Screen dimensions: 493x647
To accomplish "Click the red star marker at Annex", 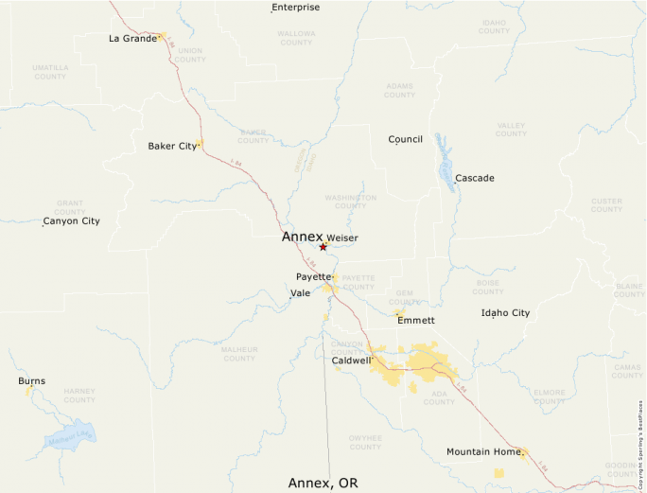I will pyautogui.click(x=323, y=247).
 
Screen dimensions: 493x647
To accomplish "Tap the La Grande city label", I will pyautogui.click(x=132, y=39).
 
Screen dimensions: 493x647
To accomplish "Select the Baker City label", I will pyautogui.click(x=172, y=146).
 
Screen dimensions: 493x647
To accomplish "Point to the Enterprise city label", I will pyautogui.click(x=296, y=8).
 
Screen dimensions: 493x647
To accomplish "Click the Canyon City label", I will pyautogui.click(x=71, y=221).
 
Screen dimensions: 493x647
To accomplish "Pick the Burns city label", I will pyautogui.click(x=31, y=381).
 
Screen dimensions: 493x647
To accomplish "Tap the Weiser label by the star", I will pyautogui.click(x=342, y=238).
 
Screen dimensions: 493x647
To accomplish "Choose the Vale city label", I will pyautogui.click(x=301, y=293).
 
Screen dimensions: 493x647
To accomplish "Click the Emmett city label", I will pyautogui.click(x=416, y=321).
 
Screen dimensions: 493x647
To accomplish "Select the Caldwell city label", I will pyautogui.click(x=352, y=361).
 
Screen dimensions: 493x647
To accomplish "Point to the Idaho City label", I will pyautogui.click(x=505, y=312).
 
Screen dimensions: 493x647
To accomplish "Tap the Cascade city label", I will pyautogui.click(x=474, y=178).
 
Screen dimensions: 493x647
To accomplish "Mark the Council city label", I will pyautogui.click(x=405, y=139).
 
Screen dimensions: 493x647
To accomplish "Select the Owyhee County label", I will pyautogui.click(x=364, y=441).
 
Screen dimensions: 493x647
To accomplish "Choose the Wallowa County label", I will pyautogui.click(x=296, y=38).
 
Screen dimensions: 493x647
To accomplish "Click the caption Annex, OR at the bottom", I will pyautogui.click(x=323, y=483).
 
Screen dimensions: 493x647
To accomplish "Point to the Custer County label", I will pyautogui.click(x=606, y=204).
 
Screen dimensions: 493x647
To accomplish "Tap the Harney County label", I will pyautogui.click(x=79, y=396).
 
